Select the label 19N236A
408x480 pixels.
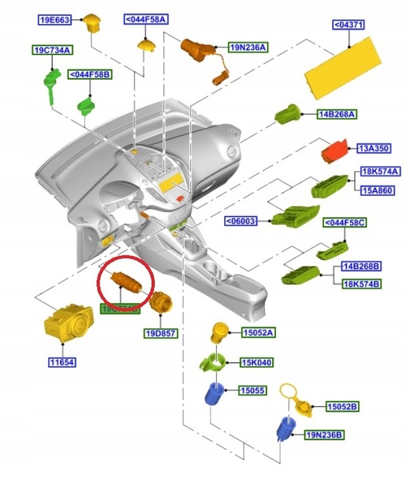248,47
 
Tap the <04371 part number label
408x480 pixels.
351,25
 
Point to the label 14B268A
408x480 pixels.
337,115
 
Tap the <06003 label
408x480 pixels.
241,221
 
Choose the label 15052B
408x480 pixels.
342,406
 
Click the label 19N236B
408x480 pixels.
325,435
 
